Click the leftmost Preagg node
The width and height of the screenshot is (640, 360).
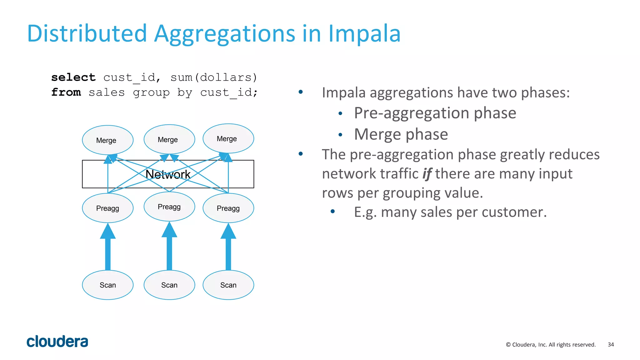(x=107, y=208)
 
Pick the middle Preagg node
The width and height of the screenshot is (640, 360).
(x=169, y=207)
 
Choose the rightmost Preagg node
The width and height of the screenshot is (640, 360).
(x=228, y=208)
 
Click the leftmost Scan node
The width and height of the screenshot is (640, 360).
(x=107, y=285)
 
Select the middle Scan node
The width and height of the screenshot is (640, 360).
(x=169, y=285)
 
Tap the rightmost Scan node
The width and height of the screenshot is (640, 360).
(x=228, y=285)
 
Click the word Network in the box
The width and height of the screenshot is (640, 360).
(x=168, y=174)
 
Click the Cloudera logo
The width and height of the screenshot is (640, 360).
(x=57, y=342)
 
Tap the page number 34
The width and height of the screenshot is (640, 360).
(x=611, y=344)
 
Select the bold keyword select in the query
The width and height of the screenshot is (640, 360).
(x=73, y=77)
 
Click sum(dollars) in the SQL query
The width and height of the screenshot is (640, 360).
(x=214, y=77)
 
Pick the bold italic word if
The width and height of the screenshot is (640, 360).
(x=427, y=174)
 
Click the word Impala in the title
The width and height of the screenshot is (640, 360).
(x=364, y=33)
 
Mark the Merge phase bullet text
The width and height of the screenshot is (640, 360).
(x=401, y=134)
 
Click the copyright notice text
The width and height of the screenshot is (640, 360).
(x=551, y=344)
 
